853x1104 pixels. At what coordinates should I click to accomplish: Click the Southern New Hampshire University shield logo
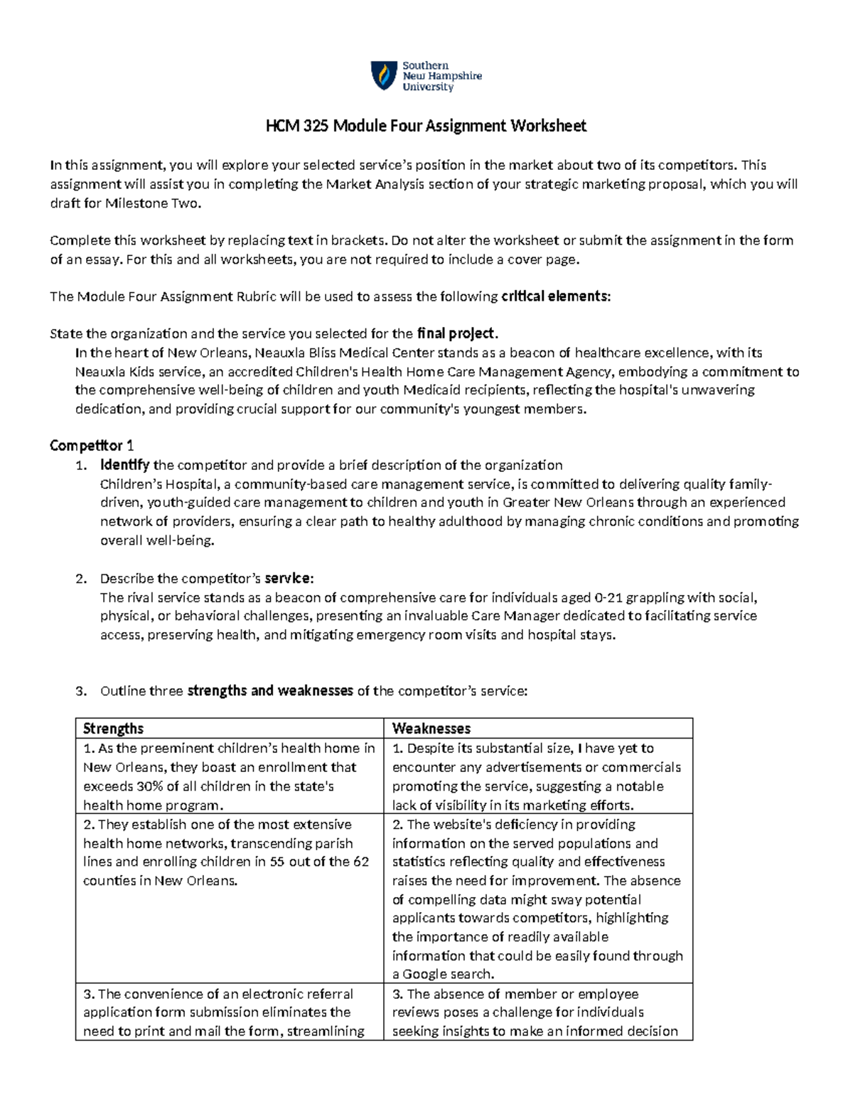pyautogui.click(x=384, y=75)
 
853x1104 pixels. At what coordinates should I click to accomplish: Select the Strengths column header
pyautogui.click(x=113, y=729)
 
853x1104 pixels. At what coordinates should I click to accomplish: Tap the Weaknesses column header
pyautogui.click(x=431, y=729)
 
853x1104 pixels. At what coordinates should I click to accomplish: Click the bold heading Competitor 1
pyautogui.click(x=92, y=446)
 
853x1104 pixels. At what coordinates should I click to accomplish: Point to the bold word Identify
pyautogui.click(x=125, y=466)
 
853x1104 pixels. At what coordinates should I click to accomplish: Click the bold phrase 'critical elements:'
pyautogui.click(x=555, y=296)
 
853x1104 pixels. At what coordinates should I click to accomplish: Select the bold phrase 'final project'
pyautogui.click(x=456, y=333)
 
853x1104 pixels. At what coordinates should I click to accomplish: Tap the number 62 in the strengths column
pyautogui.click(x=361, y=862)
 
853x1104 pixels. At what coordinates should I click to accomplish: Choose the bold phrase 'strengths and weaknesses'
pyautogui.click(x=269, y=691)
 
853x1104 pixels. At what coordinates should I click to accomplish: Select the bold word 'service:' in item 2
pyautogui.click(x=289, y=579)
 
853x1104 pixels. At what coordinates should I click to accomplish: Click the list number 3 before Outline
pyautogui.click(x=80, y=691)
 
